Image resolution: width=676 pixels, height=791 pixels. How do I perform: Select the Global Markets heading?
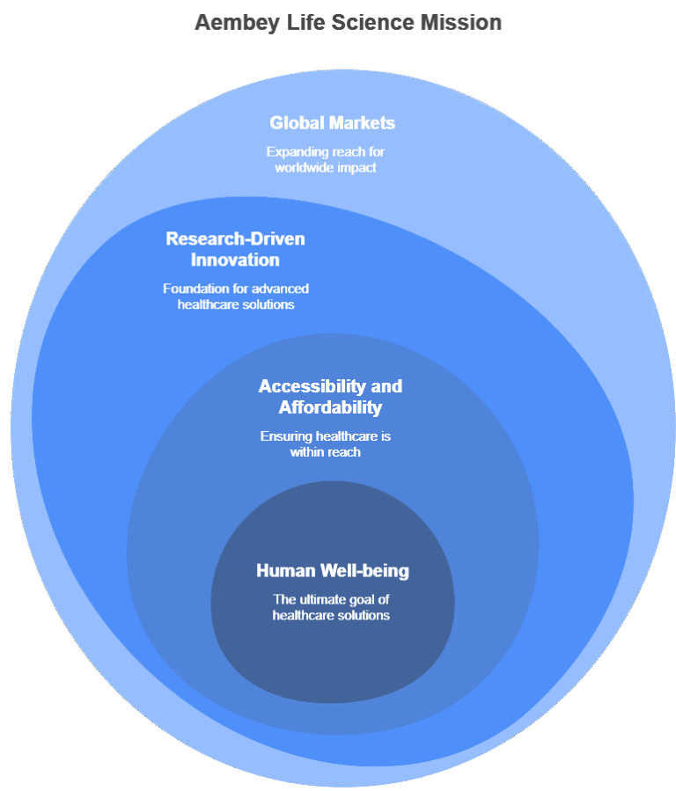332,123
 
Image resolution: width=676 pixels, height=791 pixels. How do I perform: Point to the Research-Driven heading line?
235,238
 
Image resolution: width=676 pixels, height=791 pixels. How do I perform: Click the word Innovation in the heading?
235,260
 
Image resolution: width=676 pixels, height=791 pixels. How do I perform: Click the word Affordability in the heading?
330,407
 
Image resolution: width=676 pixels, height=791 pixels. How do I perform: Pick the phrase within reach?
326,452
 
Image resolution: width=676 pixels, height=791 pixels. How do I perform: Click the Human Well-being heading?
333,571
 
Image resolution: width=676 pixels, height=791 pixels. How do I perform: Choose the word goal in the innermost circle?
372,599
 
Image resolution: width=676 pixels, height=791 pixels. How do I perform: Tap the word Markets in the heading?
362,123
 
